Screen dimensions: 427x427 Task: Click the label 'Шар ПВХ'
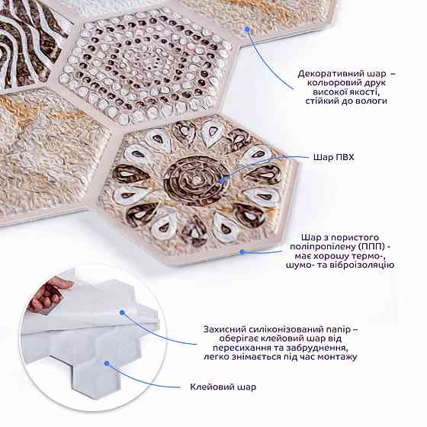point(334,157)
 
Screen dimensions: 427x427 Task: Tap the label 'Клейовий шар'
point(223,387)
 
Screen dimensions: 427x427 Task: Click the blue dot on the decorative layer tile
point(247,29)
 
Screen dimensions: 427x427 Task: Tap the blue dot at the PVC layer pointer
point(223,180)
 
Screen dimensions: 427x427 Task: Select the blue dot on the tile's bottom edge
point(242,252)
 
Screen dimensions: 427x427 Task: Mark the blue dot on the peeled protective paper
point(122,313)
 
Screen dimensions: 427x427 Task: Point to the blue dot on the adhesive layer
point(107,363)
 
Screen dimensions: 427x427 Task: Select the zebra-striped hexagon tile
point(29,43)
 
